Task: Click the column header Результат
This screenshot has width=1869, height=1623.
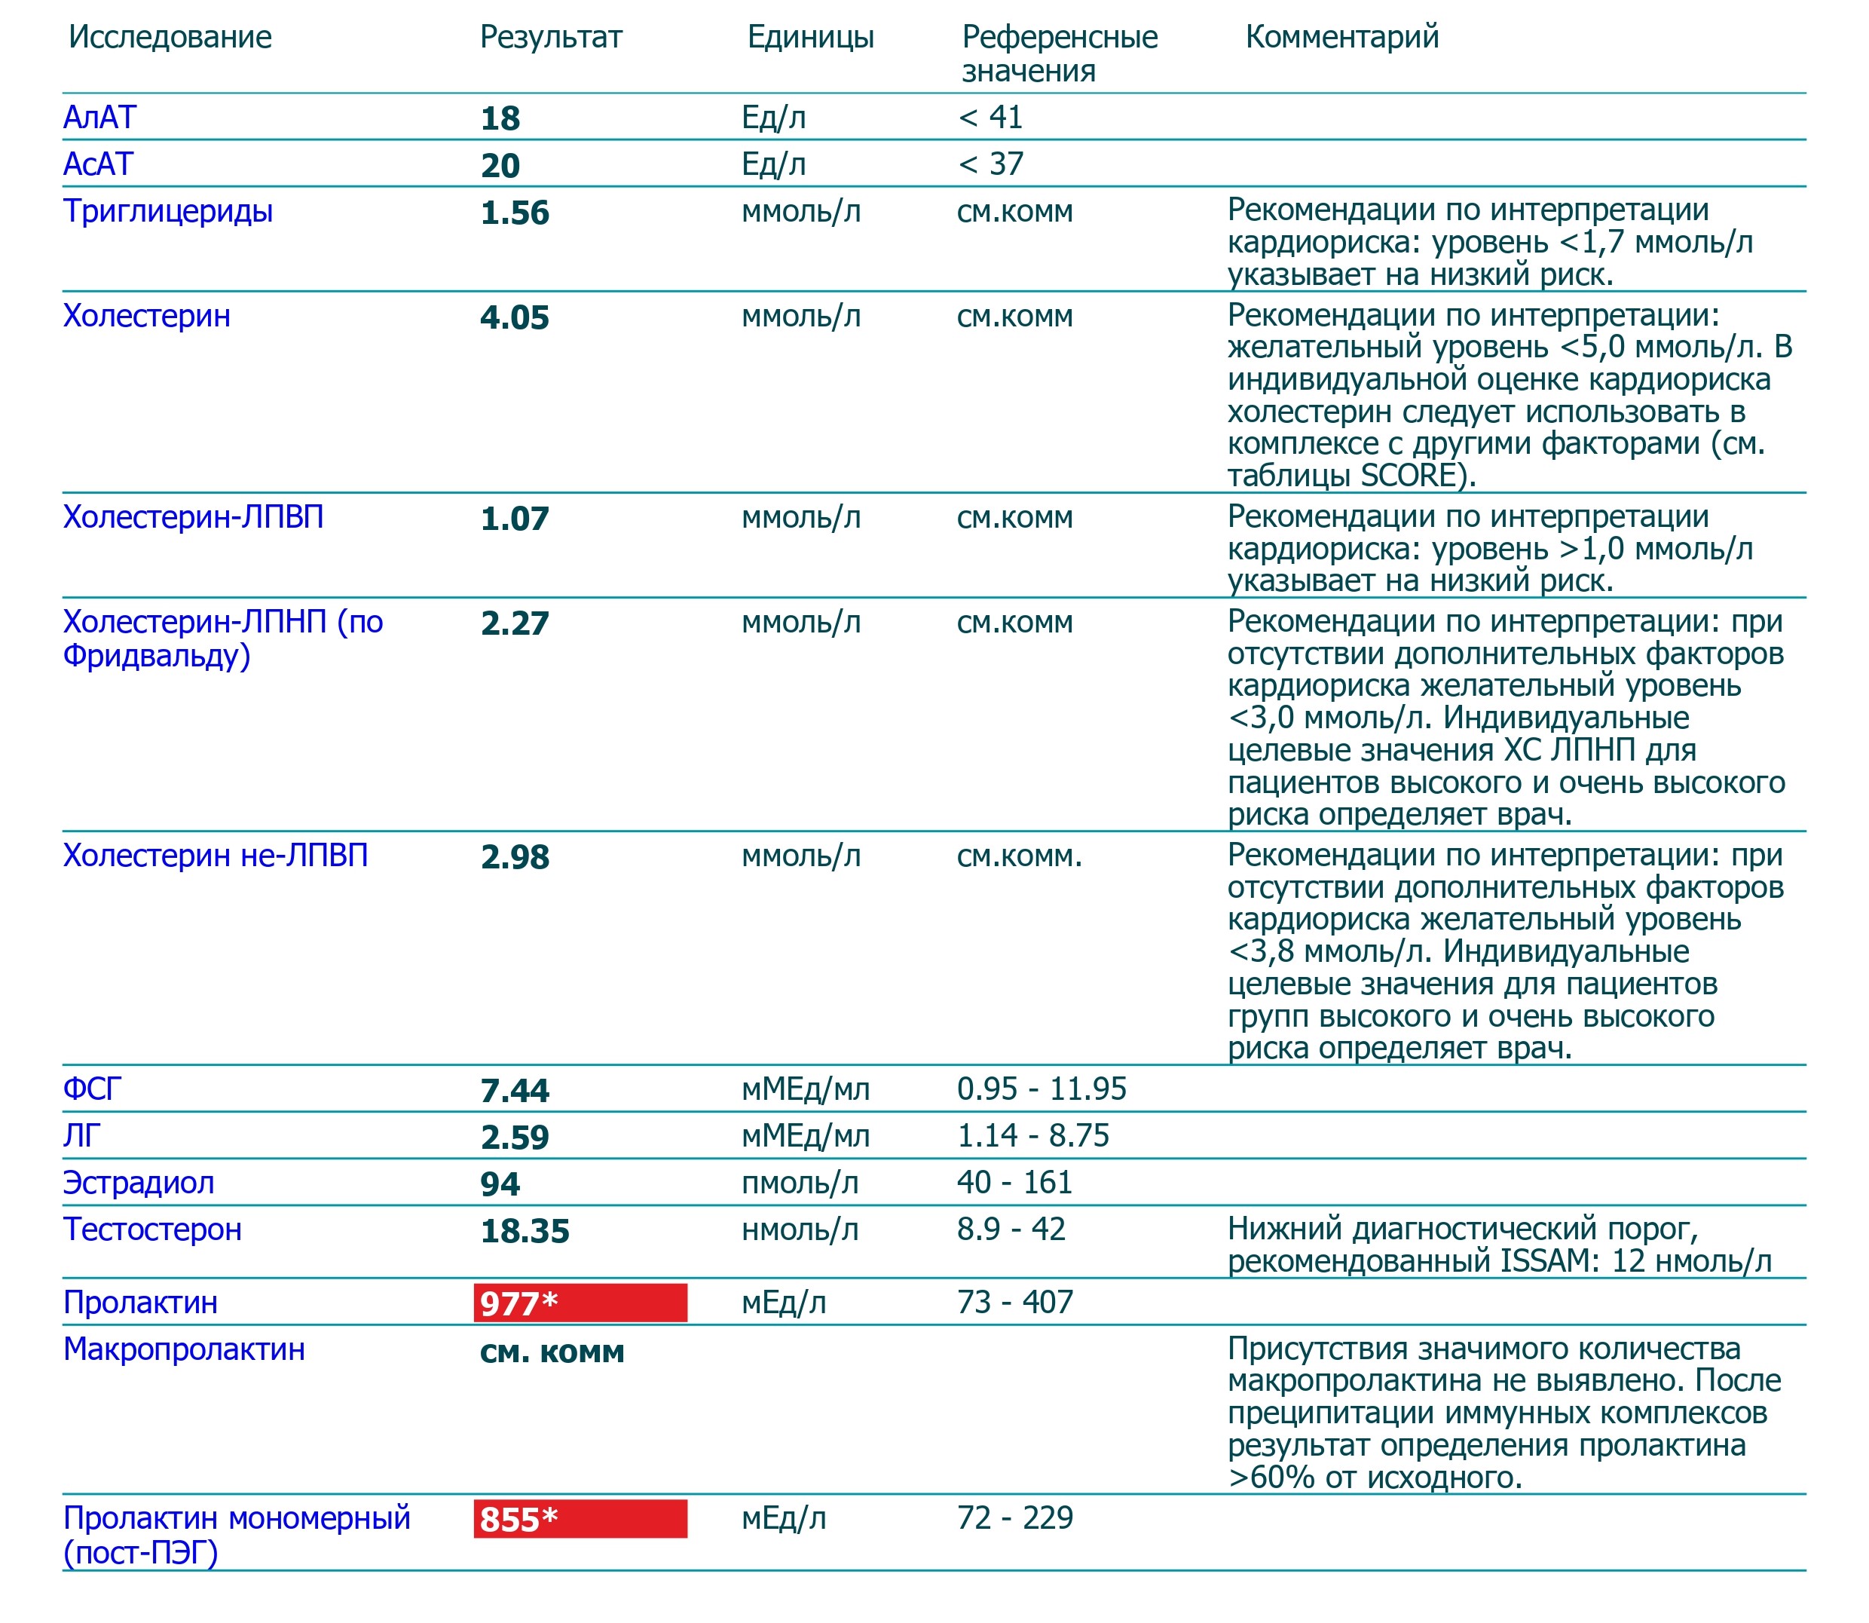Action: [x=551, y=37]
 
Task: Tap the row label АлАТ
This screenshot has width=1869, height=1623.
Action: [x=99, y=118]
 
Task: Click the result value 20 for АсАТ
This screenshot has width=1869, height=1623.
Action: [x=500, y=166]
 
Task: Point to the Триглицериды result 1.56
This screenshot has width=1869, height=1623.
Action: [x=514, y=213]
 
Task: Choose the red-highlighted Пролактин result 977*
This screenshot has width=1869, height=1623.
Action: [x=580, y=1303]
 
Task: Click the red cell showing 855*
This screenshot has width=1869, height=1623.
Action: [x=580, y=1519]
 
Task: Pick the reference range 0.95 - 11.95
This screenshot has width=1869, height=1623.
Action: [x=1042, y=1089]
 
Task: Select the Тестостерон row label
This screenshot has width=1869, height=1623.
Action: [x=152, y=1230]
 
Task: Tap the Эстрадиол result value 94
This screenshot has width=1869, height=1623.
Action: [x=500, y=1184]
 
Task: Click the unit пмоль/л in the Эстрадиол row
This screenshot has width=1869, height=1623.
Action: [x=800, y=1183]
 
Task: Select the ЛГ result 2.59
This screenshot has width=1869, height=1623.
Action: [x=514, y=1137]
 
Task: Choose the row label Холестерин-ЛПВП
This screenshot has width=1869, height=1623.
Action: [x=193, y=517]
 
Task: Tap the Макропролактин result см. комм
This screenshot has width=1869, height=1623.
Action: [x=552, y=1352]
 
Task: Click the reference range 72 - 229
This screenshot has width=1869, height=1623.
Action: [x=1014, y=1518]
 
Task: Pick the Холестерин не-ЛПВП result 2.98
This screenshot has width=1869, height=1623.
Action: [x=514, y=857]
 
